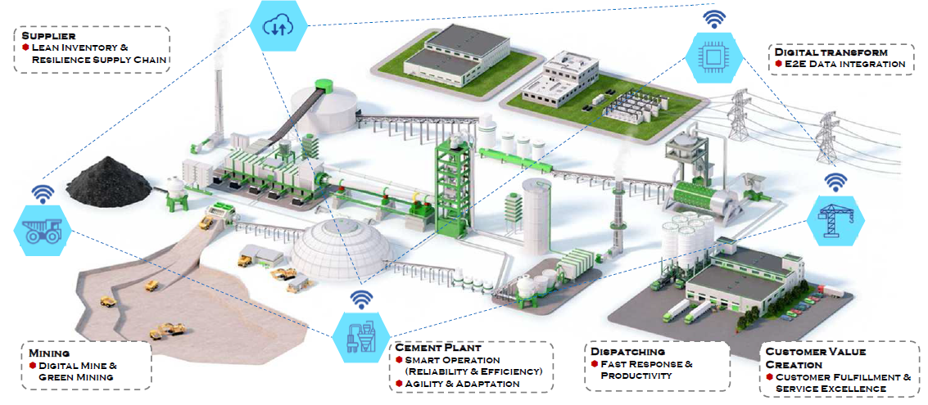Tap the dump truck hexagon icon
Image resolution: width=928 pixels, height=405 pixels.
(x=42, y=231)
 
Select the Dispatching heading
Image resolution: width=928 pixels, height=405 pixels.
(x=624, y=352)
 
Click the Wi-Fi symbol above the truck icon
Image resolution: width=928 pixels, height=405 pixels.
(x=43, y=193)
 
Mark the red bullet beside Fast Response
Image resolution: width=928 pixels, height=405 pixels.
(x=595, y=363)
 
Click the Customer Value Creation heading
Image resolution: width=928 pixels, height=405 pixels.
(x=816, y=358)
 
